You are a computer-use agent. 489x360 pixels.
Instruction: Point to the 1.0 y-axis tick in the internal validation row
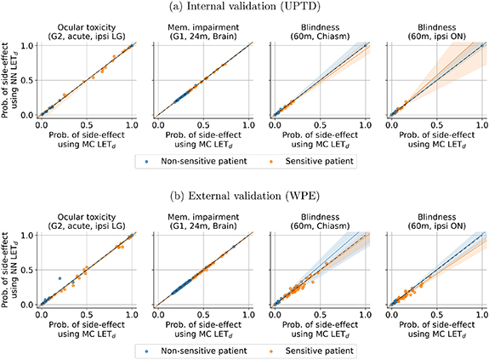coord(26,44)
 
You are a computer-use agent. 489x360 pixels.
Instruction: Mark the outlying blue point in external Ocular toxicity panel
coord(59,278)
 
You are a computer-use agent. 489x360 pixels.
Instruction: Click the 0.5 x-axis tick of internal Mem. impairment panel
coord(202,125)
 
